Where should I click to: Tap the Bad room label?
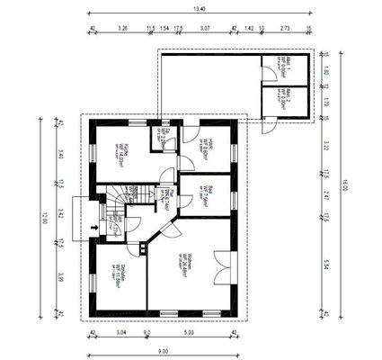click(x=207, y=193)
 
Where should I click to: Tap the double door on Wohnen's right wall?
click(x=232, y=265)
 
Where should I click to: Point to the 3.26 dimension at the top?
click(x=122, y=29)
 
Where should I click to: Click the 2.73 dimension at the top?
click(x=286, y=29)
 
